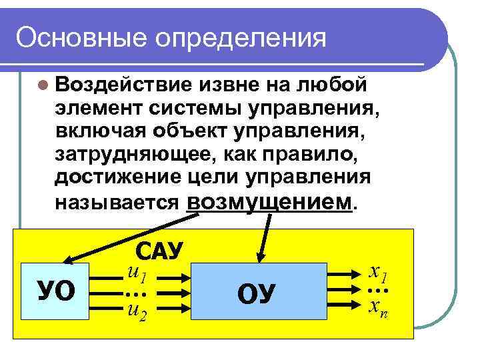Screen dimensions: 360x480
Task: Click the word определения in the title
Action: pyautogui.click(x=243, y=39)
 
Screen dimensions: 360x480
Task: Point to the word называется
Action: pyautogui.click(x=117, y=203)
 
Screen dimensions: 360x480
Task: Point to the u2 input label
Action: pyautogui.click(x=137, y=311)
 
